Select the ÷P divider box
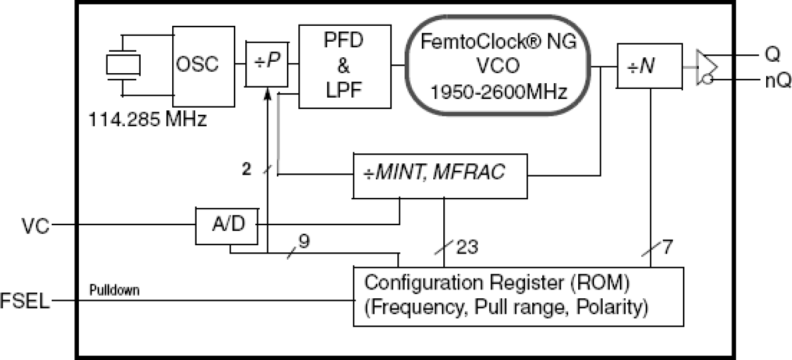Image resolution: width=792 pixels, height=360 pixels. coord(266,65)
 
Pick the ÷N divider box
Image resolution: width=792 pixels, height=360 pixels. coord(649,65)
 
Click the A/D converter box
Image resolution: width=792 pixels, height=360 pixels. coord(227,224)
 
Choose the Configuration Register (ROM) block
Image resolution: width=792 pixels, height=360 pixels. coord(517,296)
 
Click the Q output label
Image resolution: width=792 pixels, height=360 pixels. coord(772,55)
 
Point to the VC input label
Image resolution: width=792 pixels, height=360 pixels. coord(35,225)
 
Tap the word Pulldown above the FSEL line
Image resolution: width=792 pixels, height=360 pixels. coord(114,290)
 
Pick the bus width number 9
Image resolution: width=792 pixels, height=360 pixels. coord(304,241)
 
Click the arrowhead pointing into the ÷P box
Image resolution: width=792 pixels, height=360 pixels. coord(268,94)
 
